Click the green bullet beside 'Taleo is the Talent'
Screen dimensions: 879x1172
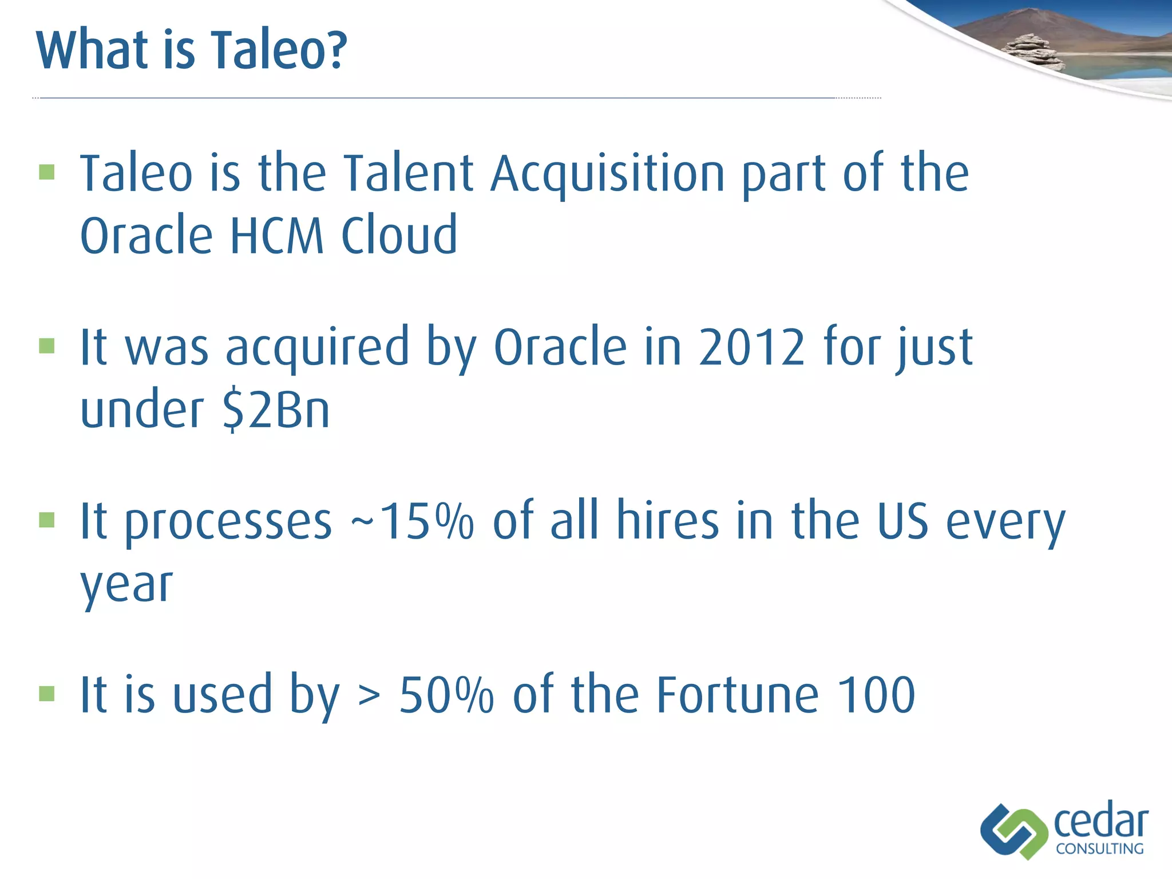point(47,172)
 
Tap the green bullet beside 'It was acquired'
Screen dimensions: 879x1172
point(47,346)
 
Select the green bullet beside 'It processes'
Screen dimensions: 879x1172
point(47,520)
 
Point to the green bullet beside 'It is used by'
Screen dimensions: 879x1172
point(47,694)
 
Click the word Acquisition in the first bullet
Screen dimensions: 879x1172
point(608,174)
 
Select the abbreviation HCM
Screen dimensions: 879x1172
point(276,235)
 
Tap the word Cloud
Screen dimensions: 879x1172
point(399,235)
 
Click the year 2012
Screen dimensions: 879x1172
point(751,347)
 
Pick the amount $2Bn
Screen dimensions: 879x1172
point(276,410)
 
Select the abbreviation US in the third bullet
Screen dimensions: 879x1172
point(902,521)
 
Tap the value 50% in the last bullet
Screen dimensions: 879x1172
point(446,695)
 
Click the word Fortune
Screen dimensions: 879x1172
point(738,695)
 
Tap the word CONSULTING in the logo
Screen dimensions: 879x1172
point(1099,849)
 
